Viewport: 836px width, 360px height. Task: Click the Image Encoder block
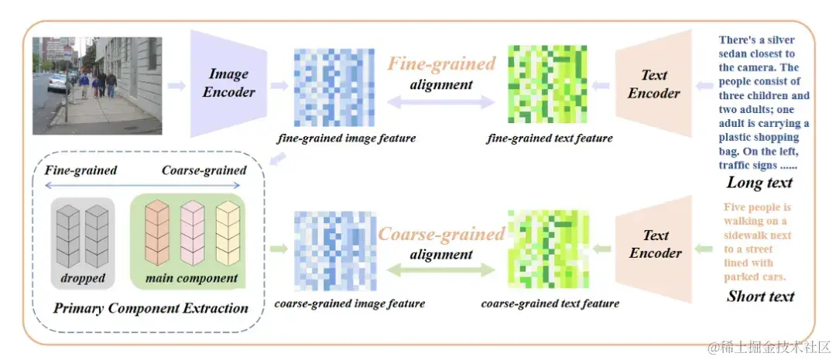click(229, 83)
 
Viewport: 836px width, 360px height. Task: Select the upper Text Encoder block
click(653, 84)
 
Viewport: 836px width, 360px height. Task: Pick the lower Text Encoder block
click(655, 244)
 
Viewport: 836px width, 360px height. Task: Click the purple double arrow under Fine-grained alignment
click(440, 101)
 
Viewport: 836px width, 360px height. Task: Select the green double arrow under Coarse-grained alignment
click(440, 270)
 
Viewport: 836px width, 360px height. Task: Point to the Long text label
click(759, 183)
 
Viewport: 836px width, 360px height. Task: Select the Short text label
click(760, 296)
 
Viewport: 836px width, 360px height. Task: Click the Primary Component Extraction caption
click(151, 308)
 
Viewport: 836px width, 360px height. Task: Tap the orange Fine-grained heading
click(441, 63)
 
